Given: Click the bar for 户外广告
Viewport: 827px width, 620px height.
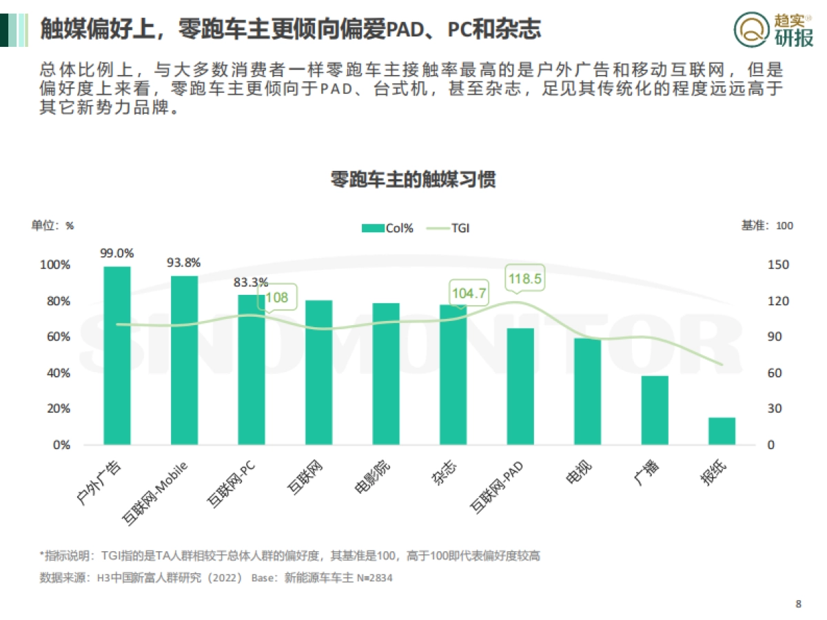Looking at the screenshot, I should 117,355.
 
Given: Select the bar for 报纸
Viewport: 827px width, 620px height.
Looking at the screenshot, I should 722,431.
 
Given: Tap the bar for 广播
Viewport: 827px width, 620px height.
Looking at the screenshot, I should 655,410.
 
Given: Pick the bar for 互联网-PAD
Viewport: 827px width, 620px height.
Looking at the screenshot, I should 520,386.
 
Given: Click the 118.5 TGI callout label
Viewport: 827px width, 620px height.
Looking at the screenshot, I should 525,279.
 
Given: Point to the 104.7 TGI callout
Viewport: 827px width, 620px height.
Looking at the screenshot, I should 469,294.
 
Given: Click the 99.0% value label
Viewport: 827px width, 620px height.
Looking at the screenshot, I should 117,253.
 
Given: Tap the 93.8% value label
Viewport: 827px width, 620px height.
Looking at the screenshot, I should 184,262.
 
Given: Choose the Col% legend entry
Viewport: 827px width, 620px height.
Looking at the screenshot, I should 387,228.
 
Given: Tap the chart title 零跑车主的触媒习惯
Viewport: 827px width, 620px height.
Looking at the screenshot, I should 413,180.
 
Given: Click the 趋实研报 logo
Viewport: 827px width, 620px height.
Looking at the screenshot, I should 773,30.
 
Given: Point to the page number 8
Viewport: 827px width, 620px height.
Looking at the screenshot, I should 798,604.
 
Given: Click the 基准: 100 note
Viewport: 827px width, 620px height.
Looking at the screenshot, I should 767,225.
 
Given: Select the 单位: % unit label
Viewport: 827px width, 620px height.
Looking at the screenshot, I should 52,225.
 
